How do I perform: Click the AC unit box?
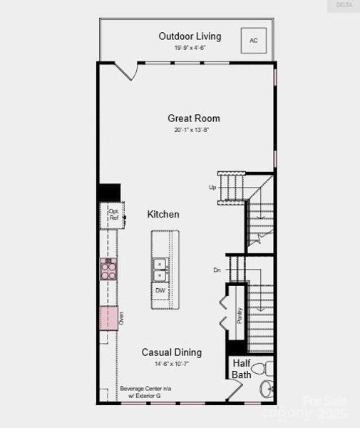(x=253, y=41)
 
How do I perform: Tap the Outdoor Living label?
(x=190, y=36)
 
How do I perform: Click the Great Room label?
(x=194, y=118)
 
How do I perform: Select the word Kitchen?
(x=163, y=214)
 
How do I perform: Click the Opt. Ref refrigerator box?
(x=113, y=215)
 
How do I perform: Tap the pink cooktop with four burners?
(x=109, y=269)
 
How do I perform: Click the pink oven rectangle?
(x=109, y=317)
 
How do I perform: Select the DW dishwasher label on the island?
(x=160, y=290)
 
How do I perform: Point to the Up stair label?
(x=212, y=188)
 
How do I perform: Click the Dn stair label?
(x=217, y=270)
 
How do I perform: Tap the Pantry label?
(x=240, y=315)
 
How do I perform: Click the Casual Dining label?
(x=171, y=352)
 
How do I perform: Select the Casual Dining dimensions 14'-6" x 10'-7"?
(x=171, y=364)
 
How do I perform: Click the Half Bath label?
(x=241, y=368)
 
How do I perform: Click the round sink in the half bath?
(x=267, y=389)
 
